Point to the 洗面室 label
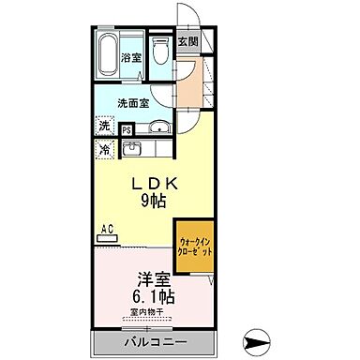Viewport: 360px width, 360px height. click(131, 103)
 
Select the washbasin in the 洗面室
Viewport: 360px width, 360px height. click(160, 128)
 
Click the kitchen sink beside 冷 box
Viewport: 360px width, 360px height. click(131, 148)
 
